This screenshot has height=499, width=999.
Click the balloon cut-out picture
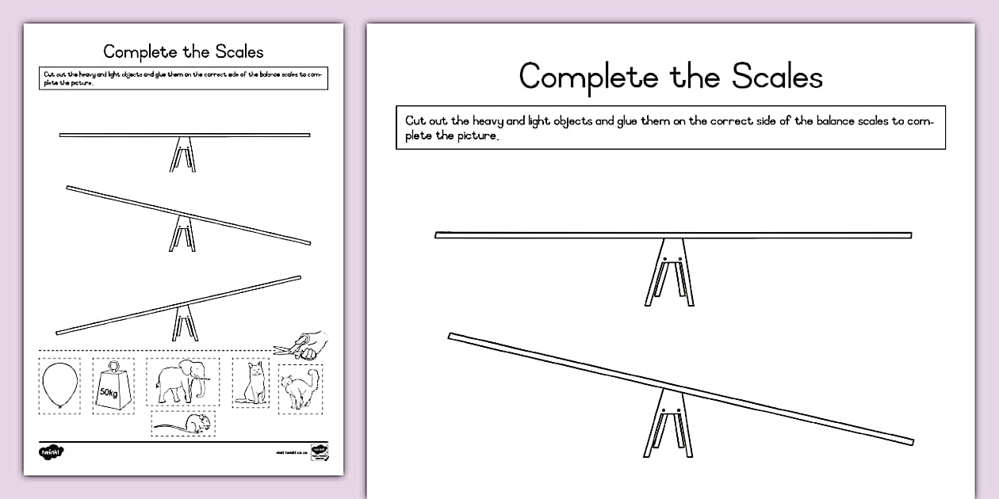pos(59,385)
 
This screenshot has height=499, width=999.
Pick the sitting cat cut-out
pos(251,383)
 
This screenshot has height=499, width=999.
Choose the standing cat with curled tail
pos(300,388)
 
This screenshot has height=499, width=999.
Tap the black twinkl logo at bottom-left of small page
pos(51,451)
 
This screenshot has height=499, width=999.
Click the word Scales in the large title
pos(777,76)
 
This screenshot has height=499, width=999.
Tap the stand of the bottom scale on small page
pos(183,323)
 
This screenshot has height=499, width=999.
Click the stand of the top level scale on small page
pos(182,154)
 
